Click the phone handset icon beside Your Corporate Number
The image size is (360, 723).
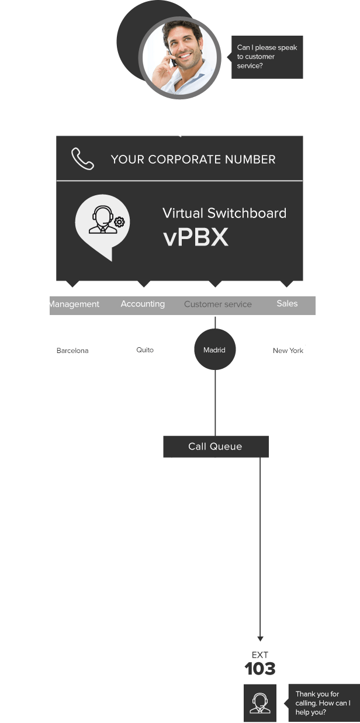tap(82, 159)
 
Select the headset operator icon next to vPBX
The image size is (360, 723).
tap(103, 223)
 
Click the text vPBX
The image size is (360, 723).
tap(195, 238)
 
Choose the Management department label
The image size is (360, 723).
tap(74, 304)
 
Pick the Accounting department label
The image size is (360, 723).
tap(143, 304)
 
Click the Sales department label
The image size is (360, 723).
tap(287, 303)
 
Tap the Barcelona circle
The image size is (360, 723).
tap(72, 351)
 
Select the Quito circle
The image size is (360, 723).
tap(145, 350)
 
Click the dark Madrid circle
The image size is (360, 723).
tap(214, 350)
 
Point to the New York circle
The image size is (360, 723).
tap(288, 351)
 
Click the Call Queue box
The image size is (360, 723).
tap(215, 447)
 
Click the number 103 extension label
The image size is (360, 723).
tap(260, 669)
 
